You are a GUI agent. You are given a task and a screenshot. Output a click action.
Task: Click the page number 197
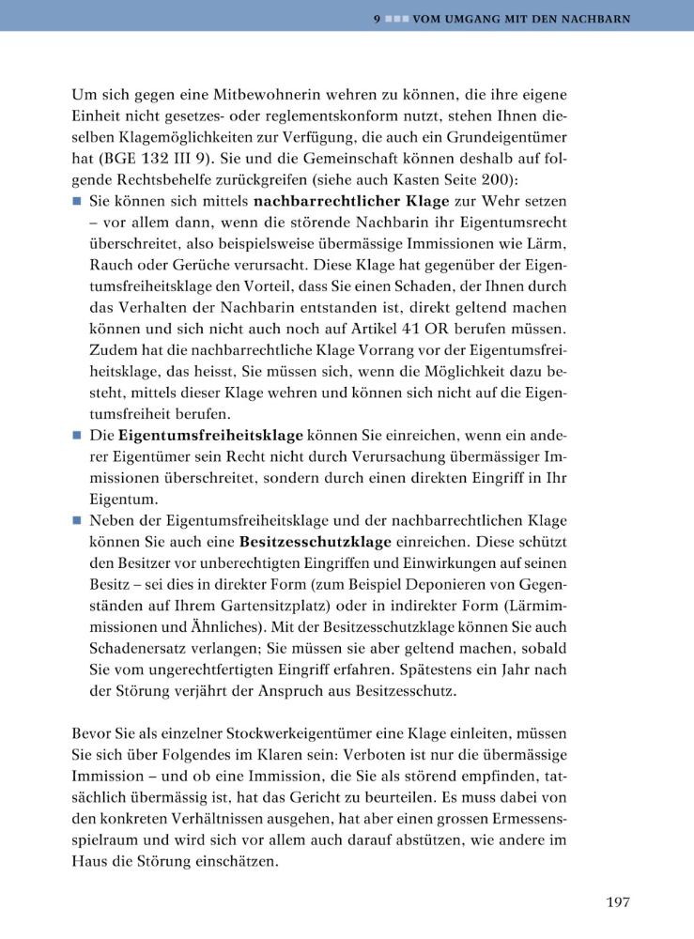[x=617, y=902]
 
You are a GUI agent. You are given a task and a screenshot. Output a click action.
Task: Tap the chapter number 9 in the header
[x=375, y=19]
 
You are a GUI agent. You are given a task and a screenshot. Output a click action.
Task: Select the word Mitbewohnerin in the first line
[x=237, y=96]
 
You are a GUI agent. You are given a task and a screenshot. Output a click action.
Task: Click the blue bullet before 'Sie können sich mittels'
[x=76, y=201]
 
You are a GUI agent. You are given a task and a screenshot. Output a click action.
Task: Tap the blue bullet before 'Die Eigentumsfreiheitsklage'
[x=76, y=436]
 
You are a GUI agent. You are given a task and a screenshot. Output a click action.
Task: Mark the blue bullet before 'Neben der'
[x=76, y=520]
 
